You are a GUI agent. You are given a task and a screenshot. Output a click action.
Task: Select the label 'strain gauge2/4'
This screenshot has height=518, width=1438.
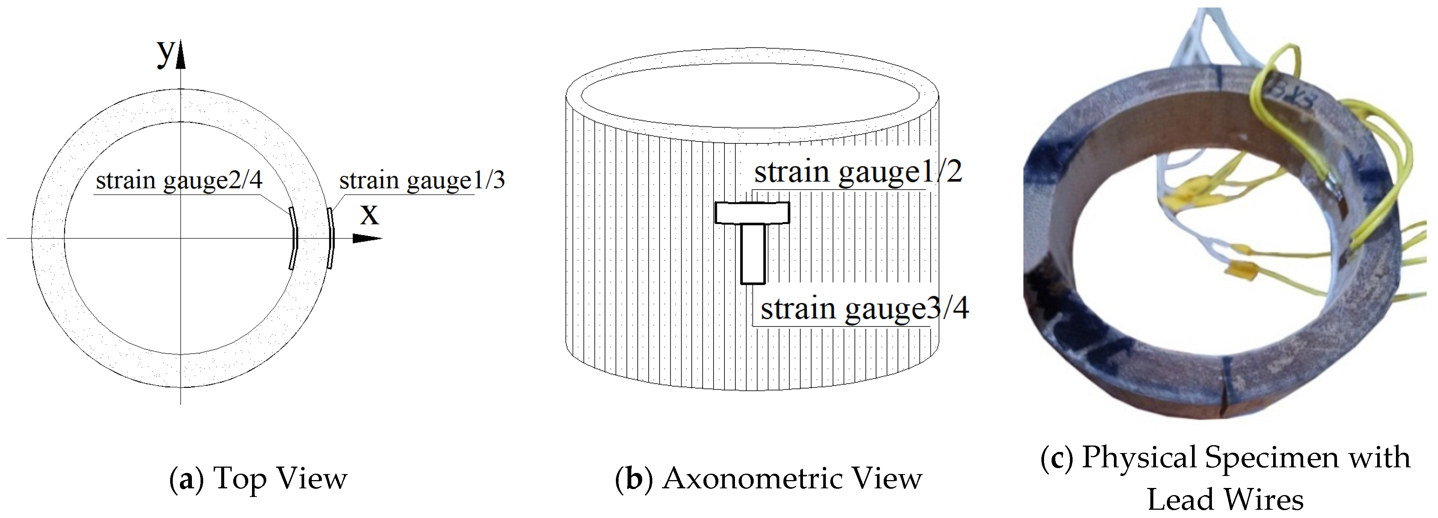coord(179,181)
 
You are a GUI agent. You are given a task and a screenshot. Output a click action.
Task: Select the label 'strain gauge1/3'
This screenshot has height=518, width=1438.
coord(421,181)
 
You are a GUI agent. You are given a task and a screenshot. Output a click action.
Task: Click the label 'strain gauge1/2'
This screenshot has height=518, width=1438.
coord(858,172)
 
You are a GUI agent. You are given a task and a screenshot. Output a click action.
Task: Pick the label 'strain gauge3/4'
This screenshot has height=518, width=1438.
coord(864,309)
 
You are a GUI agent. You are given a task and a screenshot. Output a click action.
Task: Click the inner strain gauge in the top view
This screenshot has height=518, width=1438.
coord(293,238)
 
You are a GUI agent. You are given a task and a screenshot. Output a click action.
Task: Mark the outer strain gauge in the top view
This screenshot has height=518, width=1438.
coord(330,238)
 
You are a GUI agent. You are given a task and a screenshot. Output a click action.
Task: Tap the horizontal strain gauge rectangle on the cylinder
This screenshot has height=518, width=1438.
coord(752,213)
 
